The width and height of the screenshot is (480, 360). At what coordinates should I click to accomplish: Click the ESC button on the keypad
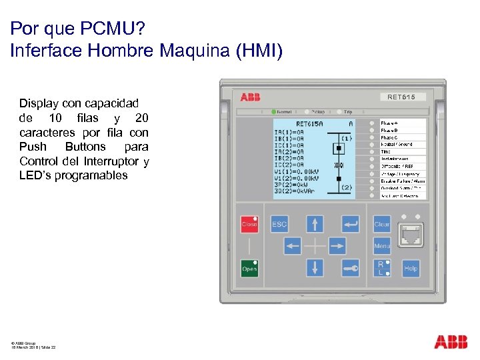279,224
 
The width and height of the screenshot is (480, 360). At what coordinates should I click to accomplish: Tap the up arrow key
315,224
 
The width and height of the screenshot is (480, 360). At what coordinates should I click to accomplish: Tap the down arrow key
315,268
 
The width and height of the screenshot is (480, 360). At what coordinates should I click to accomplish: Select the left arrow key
293,246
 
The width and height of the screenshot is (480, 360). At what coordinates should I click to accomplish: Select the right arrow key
337,246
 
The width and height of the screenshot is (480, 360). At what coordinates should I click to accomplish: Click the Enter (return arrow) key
350,224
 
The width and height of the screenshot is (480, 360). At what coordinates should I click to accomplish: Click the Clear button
382,224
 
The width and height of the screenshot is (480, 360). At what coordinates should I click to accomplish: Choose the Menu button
382,246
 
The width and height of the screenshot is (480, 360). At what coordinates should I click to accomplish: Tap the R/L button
381,268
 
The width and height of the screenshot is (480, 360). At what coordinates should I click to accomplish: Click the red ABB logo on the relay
251,97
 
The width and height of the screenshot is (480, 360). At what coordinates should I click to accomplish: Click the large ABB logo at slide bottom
451,342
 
